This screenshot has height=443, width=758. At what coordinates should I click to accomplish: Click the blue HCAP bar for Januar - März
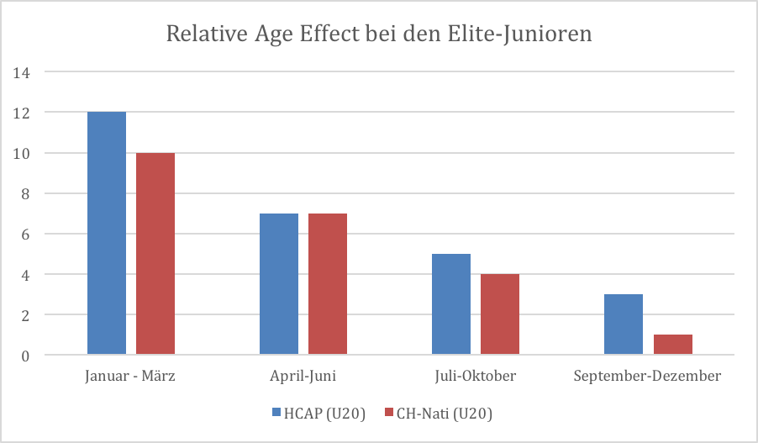click(x=107, y=233)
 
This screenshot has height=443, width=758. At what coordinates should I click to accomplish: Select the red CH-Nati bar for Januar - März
click(x=155, y=253)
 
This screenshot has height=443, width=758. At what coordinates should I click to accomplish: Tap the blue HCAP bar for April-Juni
click(x=279, y=284)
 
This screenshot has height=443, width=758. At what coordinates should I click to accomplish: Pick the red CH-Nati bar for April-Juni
click(x=328, y=284)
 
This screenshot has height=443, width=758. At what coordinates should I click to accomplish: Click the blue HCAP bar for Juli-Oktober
click(x=451, y=304)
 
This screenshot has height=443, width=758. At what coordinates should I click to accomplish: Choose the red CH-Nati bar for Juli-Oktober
click(x=500, y=314)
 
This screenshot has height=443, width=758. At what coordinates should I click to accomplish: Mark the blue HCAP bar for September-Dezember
click(x=624, y=324)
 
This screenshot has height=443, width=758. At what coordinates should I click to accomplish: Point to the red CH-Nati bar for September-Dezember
click(x=672, y=345)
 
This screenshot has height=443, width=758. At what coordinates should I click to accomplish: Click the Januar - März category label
click(x=130, y=376)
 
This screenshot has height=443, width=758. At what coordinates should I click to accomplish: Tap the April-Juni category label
click(x=303, y=376)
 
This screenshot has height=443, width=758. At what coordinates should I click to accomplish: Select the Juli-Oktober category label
click(x=476, y=376)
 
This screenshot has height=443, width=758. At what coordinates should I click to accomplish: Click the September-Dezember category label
click(x=647, y=376)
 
